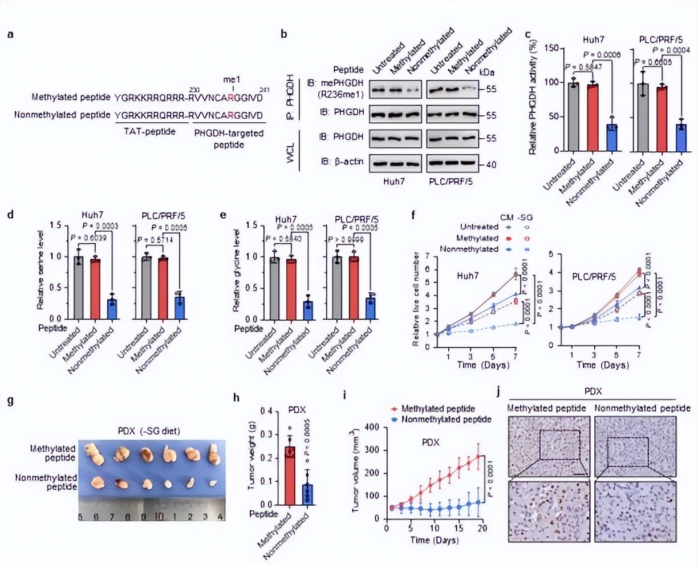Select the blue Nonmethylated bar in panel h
click(x=307, y=494)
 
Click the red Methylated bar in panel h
click(x=290, y=476)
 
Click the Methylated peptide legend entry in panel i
click(x=437, y=409)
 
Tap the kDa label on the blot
click(x=487, y=72)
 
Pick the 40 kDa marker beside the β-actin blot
click(x=491, y=164)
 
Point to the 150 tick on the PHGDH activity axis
click(x=549, y=48)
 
